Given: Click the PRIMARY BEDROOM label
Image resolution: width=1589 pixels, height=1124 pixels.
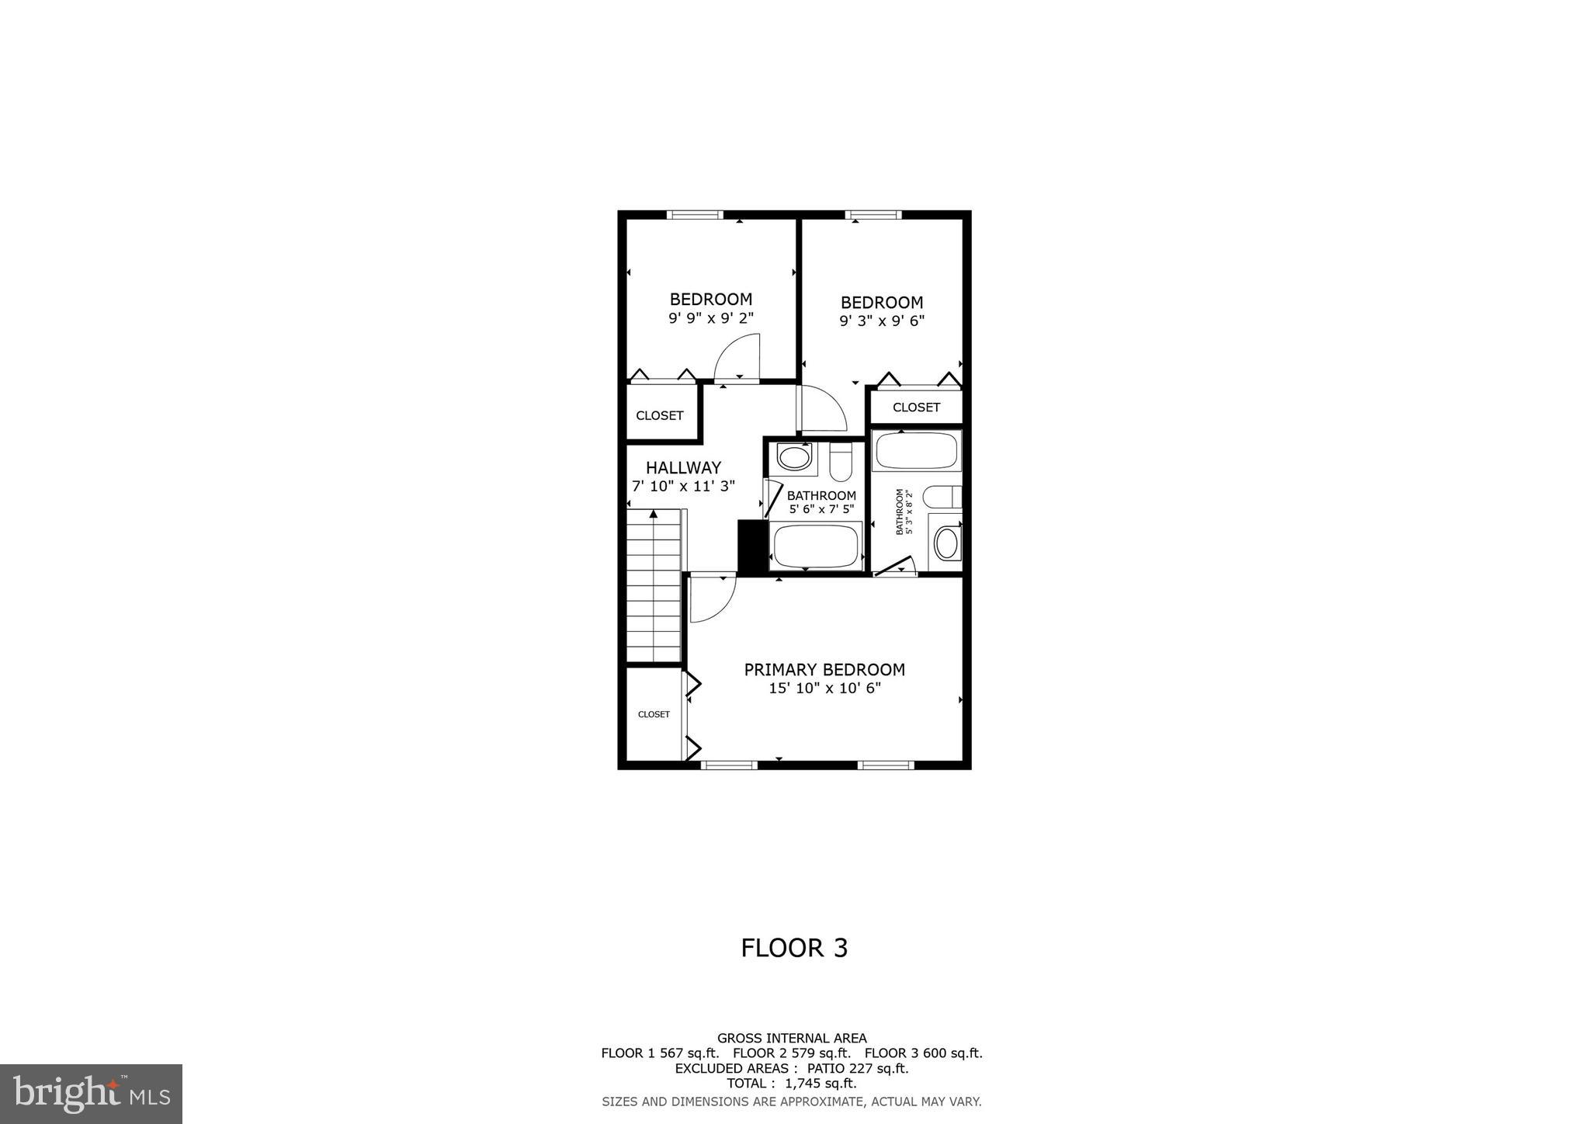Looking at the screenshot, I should [824, 669].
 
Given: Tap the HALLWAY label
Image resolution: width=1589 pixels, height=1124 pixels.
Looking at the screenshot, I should [683, 467].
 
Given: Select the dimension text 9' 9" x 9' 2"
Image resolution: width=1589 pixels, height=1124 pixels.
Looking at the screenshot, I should [711, 317].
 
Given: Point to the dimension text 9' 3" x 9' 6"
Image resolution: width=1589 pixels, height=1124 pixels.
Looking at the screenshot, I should [882, 321].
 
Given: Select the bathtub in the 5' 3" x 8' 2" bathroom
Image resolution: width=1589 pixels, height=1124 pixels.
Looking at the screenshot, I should [916, 451].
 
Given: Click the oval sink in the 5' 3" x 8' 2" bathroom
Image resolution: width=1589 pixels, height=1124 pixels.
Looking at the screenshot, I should [945, 543].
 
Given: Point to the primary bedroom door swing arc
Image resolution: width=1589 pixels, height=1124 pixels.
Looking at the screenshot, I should [713, 598].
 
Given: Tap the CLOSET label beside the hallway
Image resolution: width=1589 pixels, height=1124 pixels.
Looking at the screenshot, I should [660, 415].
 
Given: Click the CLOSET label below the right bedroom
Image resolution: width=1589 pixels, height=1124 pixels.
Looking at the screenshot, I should [916, 407].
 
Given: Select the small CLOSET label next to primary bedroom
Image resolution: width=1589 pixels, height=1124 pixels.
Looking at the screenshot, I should [654, 714].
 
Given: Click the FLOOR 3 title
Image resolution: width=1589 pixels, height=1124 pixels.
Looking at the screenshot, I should [794, 948].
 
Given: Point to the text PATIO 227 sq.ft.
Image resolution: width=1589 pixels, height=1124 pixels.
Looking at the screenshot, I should [858, 1068].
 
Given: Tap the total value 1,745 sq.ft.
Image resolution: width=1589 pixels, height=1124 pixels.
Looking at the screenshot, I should [822, 1083].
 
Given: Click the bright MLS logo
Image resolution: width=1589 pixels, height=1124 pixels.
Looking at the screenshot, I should [92, 1095].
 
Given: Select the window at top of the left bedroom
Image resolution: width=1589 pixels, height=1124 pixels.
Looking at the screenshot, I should [695, 215].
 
